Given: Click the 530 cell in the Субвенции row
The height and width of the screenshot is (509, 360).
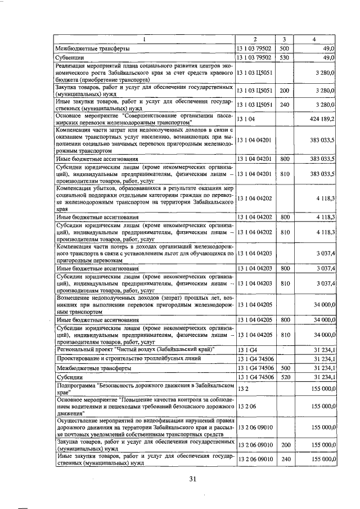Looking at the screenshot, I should (x=284, y=57).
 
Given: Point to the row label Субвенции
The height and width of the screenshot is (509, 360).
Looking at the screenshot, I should (x=70, y=57).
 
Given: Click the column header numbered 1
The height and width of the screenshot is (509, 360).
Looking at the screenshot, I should (x=144, y=39).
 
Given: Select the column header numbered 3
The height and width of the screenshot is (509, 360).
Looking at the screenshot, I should (x=285, y=39).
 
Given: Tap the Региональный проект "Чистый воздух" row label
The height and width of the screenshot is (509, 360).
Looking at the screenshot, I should (x=135, y=349).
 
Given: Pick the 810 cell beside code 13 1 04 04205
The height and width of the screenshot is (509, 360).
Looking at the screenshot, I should (x=284, y=335).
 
